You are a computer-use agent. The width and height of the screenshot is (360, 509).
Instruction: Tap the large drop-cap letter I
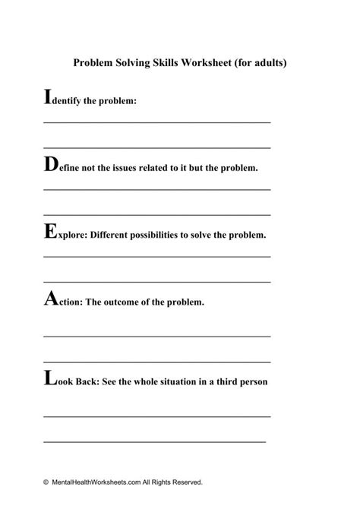[x=48, y=96]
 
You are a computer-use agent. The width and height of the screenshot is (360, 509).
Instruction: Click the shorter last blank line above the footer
[x=154, y=441]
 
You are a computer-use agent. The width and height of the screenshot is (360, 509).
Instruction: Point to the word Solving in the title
[x=134, y=64]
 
